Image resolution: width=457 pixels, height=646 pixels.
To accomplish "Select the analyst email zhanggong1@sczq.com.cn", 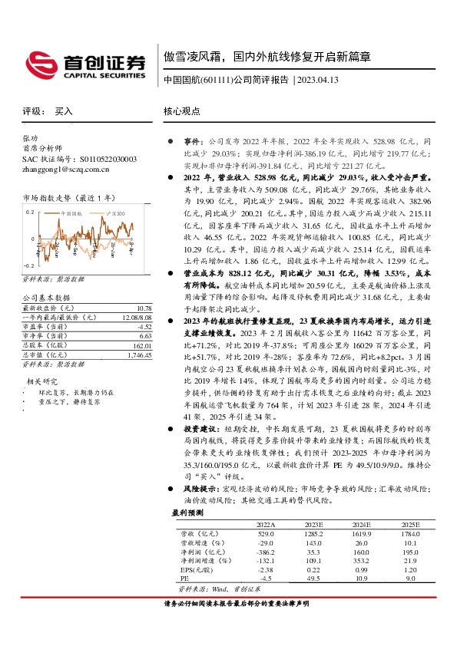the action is (x=65, y=169).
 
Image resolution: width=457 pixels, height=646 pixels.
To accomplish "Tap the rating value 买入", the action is (x=64, y=111).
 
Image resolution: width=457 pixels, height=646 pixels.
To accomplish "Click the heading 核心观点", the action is (x=181, y=111).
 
